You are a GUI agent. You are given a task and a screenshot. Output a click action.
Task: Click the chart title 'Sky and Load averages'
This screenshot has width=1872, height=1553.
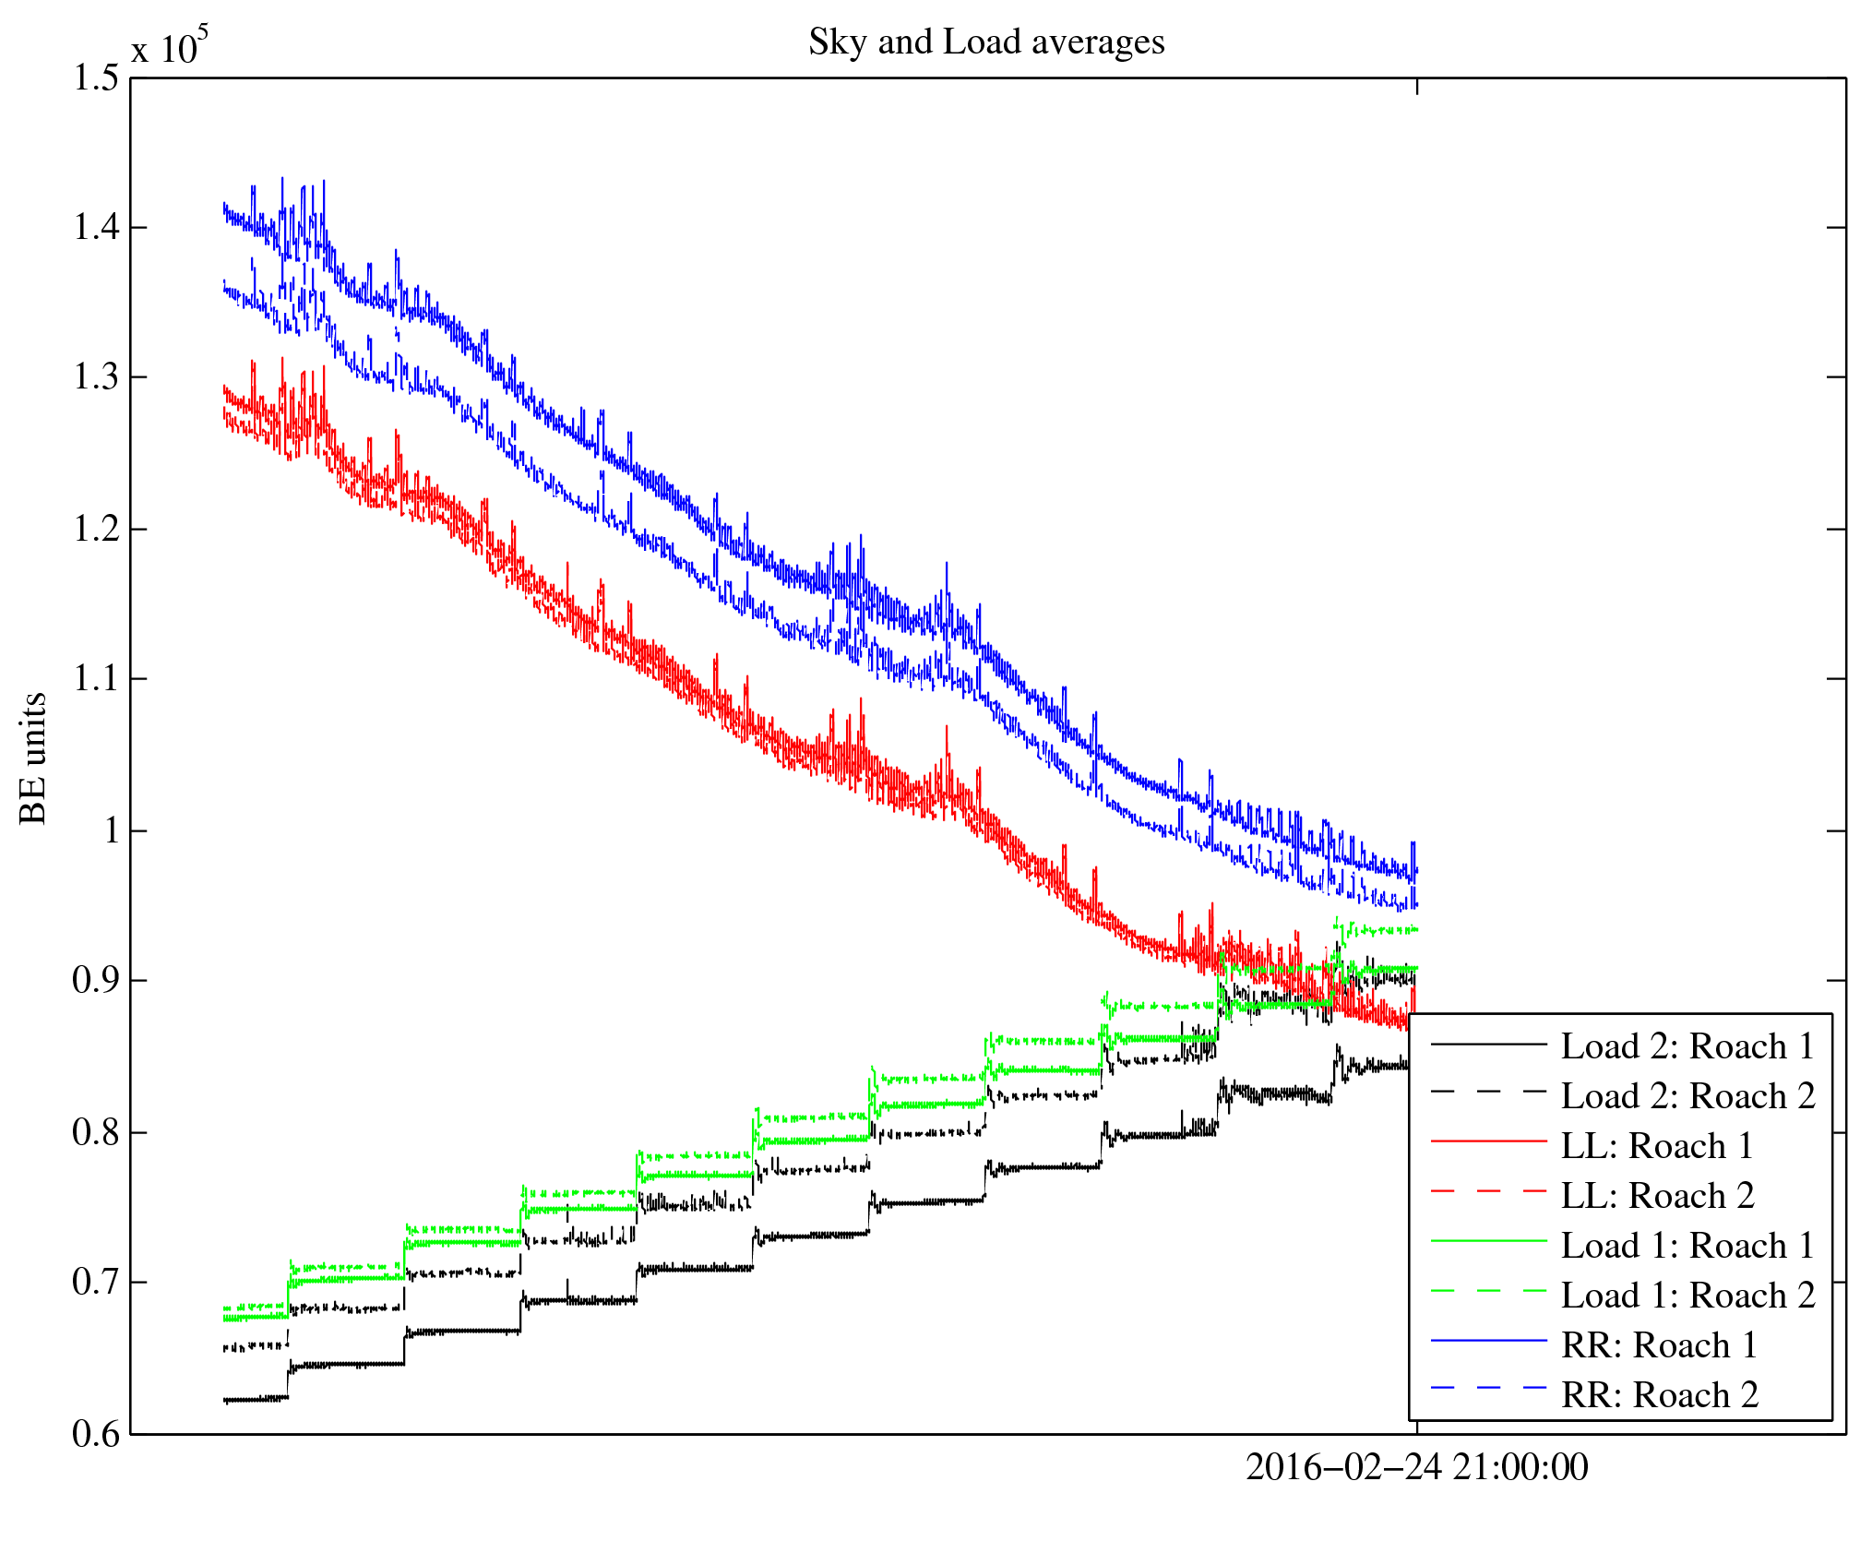tap(986, 42)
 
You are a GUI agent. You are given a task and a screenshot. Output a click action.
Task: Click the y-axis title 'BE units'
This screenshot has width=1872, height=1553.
tap(33, 758)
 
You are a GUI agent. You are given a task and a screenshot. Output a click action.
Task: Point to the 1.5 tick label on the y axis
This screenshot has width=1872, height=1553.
tap(96, 78)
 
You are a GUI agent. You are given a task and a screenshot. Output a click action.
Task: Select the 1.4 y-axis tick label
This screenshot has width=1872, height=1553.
tap(96, 227)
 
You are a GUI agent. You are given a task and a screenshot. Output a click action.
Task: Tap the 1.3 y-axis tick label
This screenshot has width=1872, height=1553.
tap(96, 377)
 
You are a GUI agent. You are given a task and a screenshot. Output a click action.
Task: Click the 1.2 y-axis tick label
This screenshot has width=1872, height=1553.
tap(96, 529)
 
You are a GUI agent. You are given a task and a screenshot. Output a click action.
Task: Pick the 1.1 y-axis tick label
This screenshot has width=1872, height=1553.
tap(96, 679)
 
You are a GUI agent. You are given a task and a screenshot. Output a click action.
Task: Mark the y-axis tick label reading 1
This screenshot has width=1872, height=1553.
tap(112, 830)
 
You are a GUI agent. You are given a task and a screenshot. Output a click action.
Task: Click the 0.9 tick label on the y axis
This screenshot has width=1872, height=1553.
tap(96, 980)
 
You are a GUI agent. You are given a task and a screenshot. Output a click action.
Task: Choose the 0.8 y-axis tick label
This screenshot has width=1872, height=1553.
tap(96, 1132)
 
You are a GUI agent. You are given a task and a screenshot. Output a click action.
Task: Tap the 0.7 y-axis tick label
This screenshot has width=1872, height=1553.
tap(96, 1283)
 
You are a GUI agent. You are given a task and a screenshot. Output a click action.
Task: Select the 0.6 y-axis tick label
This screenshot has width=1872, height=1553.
tap(96, 1434)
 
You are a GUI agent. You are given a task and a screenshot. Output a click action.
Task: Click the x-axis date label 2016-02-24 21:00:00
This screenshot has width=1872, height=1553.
tap(1416, 1467)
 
